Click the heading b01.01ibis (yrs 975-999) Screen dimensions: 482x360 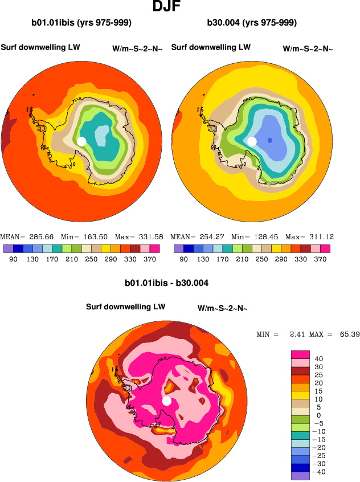click(x=81, y=23)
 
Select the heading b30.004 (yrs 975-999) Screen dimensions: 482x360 click(x=252, y=23)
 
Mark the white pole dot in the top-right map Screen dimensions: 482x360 click(x=252, y=141)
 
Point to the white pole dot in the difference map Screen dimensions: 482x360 click(x=166, y=401)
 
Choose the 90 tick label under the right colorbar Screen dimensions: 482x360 click(x=183, y=259)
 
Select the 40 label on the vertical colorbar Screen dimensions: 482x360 click(x=319, y=359)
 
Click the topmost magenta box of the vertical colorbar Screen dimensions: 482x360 click(x=300, y=354)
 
